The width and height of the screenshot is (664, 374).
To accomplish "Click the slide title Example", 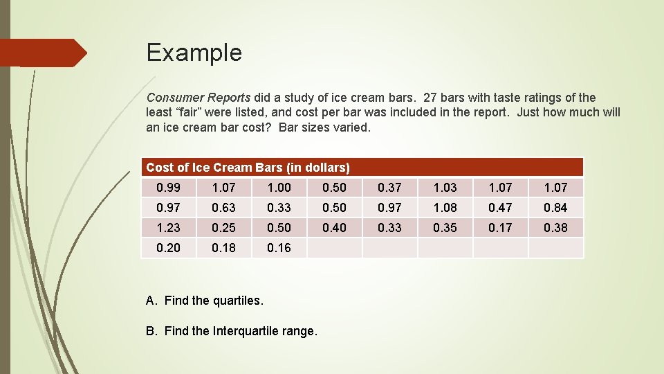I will [194, 53].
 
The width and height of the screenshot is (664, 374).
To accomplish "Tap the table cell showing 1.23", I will [168, 227].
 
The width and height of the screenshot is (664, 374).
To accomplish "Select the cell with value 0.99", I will [168, 187].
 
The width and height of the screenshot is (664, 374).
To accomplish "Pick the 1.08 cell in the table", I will [445, 207].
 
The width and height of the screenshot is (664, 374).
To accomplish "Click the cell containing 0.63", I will [223, 207].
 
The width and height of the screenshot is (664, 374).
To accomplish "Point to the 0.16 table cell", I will [279, 247].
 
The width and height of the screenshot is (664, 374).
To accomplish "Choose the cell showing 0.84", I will [555, 207].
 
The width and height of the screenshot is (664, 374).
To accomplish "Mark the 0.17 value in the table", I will [500, 227].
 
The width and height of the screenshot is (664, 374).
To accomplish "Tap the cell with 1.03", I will [445, 187].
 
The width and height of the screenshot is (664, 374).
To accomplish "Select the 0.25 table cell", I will [223, 227].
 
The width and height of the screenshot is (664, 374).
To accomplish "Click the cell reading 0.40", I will [334, 227].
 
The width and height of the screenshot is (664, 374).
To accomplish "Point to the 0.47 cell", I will [500, 207].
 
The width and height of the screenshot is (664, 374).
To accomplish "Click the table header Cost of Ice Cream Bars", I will [248, 168].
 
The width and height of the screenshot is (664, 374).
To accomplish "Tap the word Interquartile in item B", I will [243, 331].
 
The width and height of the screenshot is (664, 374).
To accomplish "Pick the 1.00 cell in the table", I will [279, 187].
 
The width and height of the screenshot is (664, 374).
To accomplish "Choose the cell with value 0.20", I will [168, 247].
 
